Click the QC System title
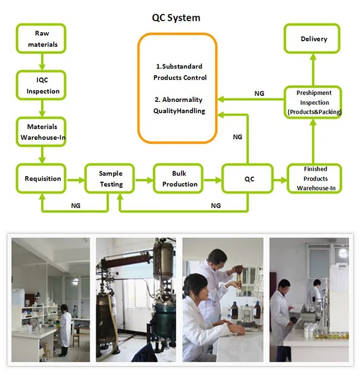(176, 18)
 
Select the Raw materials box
(42, 38)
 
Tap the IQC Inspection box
(42, 85)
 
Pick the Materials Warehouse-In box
(42, 131)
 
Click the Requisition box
(42, 179)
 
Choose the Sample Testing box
(111, 179)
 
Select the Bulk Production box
(179, 179)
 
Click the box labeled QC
(248, 179)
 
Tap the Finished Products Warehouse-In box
(315, 178)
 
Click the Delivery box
(314, 39)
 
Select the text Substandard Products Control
(179, 72)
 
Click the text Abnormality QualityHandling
(179, 105)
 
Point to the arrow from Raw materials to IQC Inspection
(42, 62)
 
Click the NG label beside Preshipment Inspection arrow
(259, 94)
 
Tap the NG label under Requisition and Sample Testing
(76, 206)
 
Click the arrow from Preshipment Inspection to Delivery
(314, 70)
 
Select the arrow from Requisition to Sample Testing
(76, 179)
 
